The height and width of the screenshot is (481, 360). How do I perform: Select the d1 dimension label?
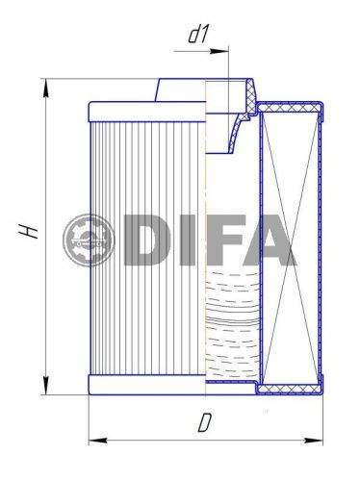(199, 35)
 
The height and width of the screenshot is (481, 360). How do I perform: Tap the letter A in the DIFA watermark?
(270, 240)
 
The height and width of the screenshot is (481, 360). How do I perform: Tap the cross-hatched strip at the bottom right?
(289, 389)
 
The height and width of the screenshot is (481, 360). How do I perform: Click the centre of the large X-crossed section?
(290, 245)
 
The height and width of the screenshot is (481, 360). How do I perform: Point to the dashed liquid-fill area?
(231, 327)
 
